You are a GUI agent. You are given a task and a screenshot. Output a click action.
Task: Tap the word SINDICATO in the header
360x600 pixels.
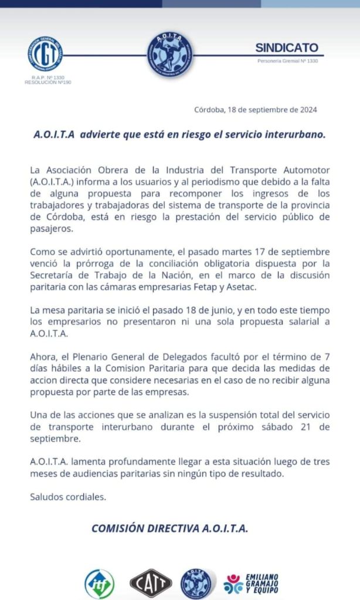(287, 48)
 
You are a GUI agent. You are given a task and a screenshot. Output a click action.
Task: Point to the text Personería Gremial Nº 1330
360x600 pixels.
(287, 61)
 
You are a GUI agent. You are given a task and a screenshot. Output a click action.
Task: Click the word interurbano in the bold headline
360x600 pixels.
(291, 134)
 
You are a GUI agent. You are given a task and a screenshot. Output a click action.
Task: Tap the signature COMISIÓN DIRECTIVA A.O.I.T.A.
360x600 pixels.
(170, 528)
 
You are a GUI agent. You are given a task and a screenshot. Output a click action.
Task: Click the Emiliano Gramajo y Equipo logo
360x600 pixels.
(252, 583)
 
